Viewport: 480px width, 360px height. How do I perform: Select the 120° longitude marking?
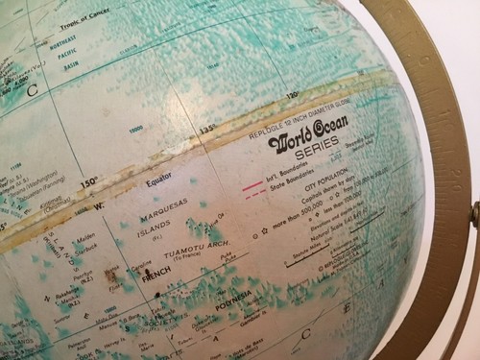tap(291, 93)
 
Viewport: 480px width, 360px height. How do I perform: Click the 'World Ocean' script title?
tap(309, 139)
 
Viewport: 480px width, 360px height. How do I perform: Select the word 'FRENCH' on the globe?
tap(158, 284)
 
